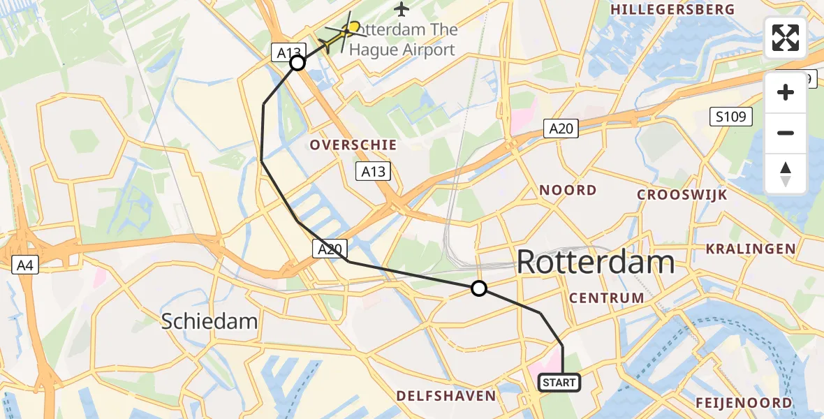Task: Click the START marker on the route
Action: point(559,383)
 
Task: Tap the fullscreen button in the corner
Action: point(786,38)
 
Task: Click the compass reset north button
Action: point(786,174)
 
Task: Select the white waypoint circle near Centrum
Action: point(478,288)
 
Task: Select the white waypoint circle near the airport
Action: point(297,64)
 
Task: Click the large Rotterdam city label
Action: point(595,263)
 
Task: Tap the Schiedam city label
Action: point(209,321)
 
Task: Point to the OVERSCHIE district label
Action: point(353,145)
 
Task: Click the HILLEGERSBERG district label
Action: point(672,10)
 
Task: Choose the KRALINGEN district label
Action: point(750,249)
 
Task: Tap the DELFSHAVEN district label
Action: point(446,396)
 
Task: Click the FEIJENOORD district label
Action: point(744,403)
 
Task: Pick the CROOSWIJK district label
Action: point(682,195)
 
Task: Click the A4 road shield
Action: point(25,265)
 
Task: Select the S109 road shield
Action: point(731,117)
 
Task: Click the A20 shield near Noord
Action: point(561,128)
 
